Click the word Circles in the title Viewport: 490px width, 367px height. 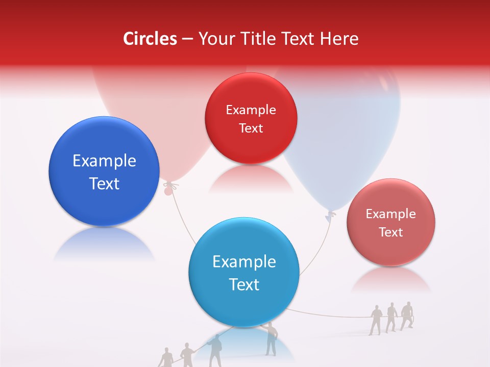tap(150, 39)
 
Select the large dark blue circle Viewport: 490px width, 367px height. tap(104, 171)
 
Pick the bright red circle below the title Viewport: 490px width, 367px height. tap(251, 118)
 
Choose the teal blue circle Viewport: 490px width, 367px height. tap(244, 272)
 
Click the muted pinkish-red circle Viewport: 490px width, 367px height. tap(390, 222)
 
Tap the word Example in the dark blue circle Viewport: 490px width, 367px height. tap(104, 161)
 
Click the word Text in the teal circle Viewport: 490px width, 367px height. tap(244, 284)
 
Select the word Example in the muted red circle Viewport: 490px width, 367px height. tap(390, 214)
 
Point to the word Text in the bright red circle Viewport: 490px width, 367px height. tap(251, 128)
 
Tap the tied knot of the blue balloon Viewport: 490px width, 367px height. tap(331, 215)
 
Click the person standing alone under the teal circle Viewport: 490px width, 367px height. tap(271, 339)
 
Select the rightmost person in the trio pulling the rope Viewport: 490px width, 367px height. tap(407, 316)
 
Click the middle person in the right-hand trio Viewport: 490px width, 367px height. tap(391, 317)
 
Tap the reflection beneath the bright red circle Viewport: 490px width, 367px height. tap(251, 179)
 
